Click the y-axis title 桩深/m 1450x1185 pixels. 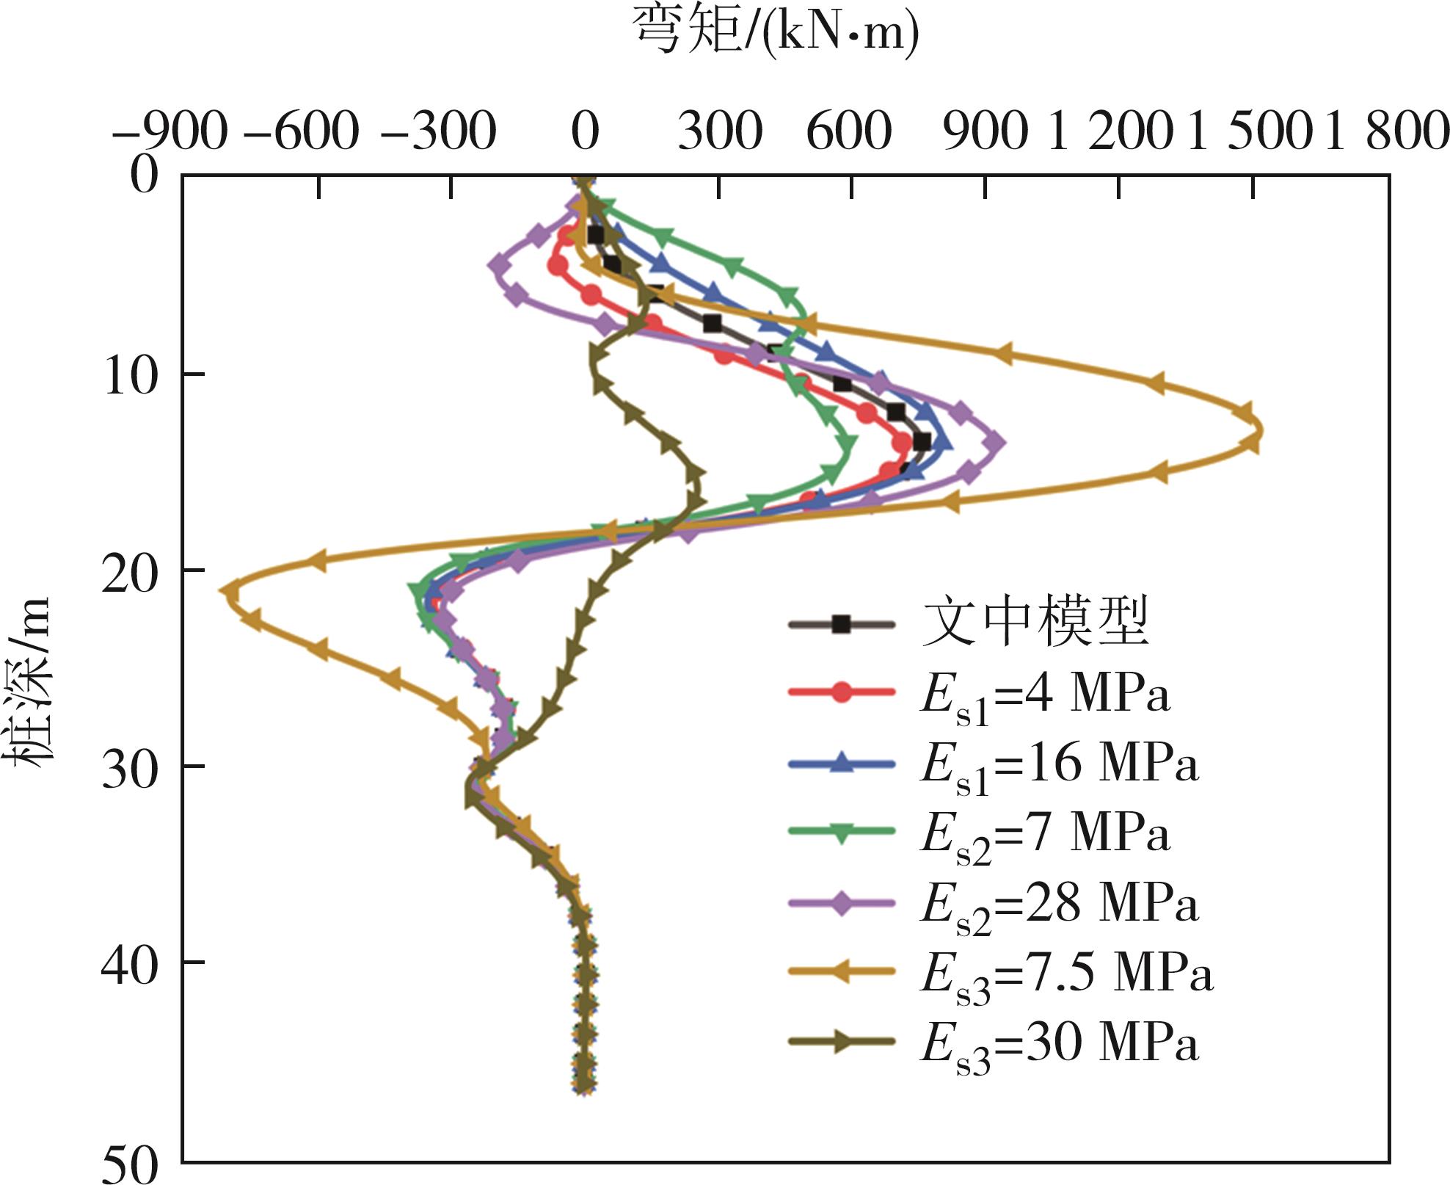[31, 683]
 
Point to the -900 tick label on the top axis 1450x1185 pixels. [170, 132]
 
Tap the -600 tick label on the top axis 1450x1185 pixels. [302, 132]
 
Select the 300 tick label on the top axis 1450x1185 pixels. [720, 132]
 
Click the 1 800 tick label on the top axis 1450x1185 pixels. [1386, 132]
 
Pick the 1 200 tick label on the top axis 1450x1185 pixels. [1112, 132]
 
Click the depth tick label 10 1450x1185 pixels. [131, 375]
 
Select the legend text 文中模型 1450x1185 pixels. [1035, 623]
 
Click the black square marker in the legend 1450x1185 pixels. [842, 625]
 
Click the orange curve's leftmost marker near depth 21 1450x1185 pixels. [230, 591]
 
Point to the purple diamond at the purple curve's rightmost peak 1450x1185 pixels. [994, 442]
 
